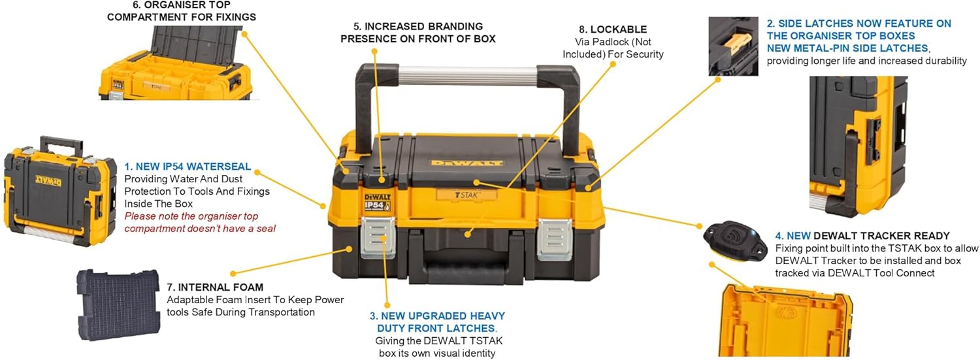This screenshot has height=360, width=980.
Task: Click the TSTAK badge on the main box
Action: pyautogui.click(x=466, y=195)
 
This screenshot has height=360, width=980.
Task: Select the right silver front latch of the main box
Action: pyautogui.click(x=555, y=239)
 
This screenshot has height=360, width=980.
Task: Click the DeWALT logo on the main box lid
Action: pyautogui.click(x=467, y=163)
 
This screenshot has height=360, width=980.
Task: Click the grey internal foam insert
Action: pyautogui.click(x=118, y=304)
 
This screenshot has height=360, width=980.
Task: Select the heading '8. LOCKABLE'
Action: pyautogui.click(x=613, y=29)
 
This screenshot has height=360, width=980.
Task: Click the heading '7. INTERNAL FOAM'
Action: pyautogui.click(x=215, y=287)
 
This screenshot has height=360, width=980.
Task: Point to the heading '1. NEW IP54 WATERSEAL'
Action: pyautogui.click(x=188, y=167)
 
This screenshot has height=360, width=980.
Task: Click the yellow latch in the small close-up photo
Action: pyautogui.click(x=738, y=44)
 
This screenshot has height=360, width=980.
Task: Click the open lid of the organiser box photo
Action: pyautogui.click(x=196, y=45)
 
